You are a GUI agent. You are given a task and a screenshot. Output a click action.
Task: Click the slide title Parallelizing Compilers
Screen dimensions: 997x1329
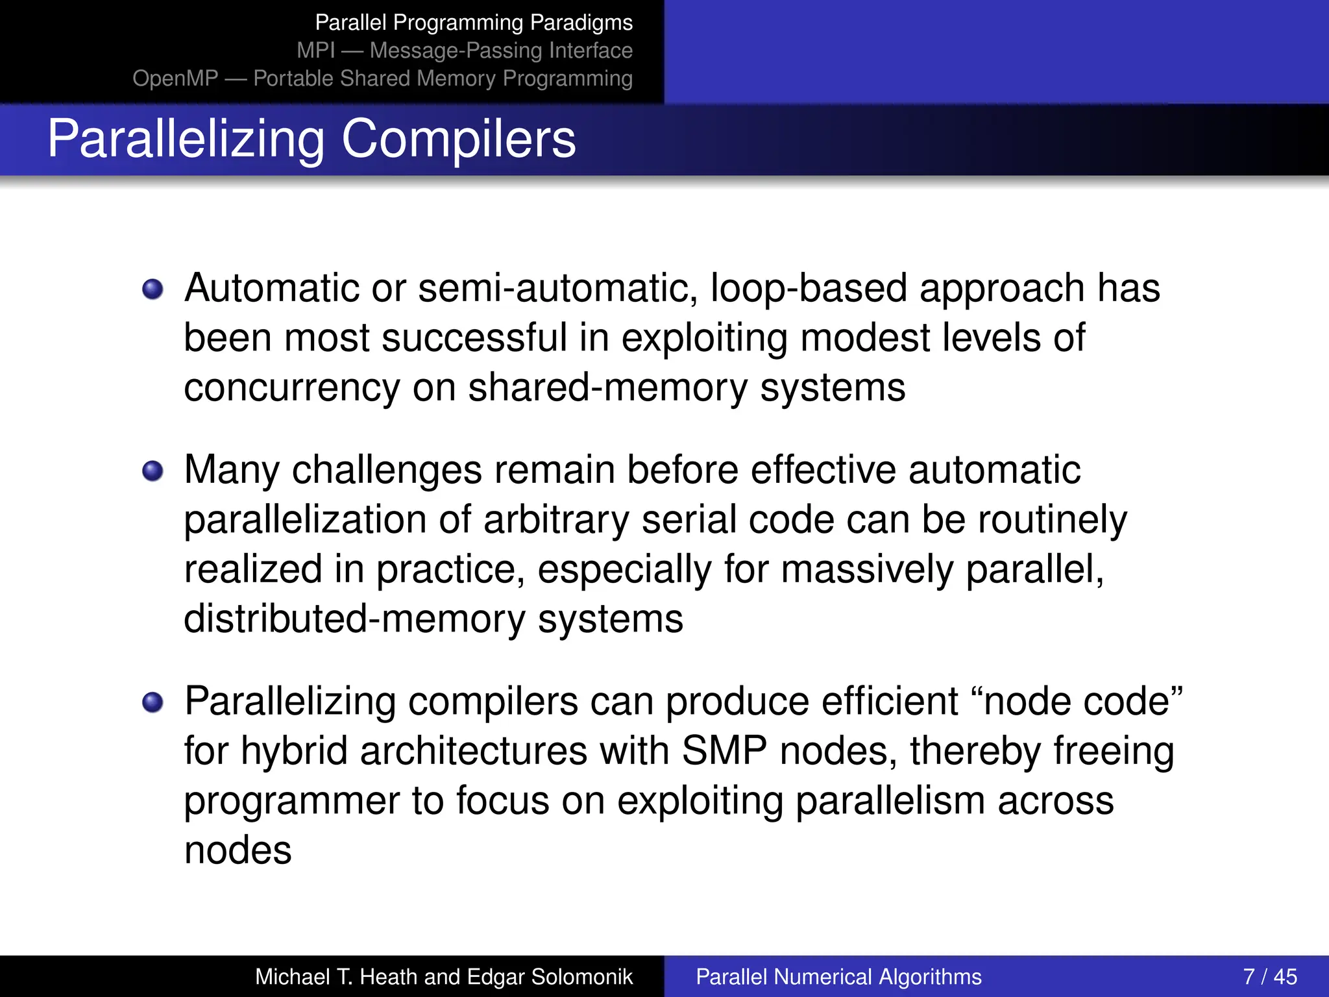click(x=311, y=139)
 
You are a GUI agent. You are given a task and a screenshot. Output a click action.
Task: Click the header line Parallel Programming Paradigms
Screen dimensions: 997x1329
click(x=474, y=23)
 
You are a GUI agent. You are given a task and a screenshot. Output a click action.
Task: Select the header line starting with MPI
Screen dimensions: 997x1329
click(x=465, y=51)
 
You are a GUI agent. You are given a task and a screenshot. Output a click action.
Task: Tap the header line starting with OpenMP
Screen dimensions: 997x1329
click(x=382, y=79)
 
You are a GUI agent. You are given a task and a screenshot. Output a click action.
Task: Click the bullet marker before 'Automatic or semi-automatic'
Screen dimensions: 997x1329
click(x=153, y=289)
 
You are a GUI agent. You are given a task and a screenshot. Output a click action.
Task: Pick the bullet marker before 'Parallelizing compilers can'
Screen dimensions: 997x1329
click(x=153, y=702)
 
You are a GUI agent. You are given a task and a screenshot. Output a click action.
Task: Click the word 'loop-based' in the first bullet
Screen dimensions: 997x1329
click(x=808, y=288)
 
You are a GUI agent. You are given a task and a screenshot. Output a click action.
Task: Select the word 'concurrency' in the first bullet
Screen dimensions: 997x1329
click(x=291, y=388)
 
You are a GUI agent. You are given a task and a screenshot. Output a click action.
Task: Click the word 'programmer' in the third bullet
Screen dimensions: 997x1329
click(x=291, y=802)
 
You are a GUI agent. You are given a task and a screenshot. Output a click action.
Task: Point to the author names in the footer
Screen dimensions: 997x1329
click(x=443, y=977)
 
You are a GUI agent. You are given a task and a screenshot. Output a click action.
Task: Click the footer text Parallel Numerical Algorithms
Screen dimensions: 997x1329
click(x=838, y=977)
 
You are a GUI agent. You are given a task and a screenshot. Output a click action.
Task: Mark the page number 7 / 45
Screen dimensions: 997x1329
click(x=1270, y=977)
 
